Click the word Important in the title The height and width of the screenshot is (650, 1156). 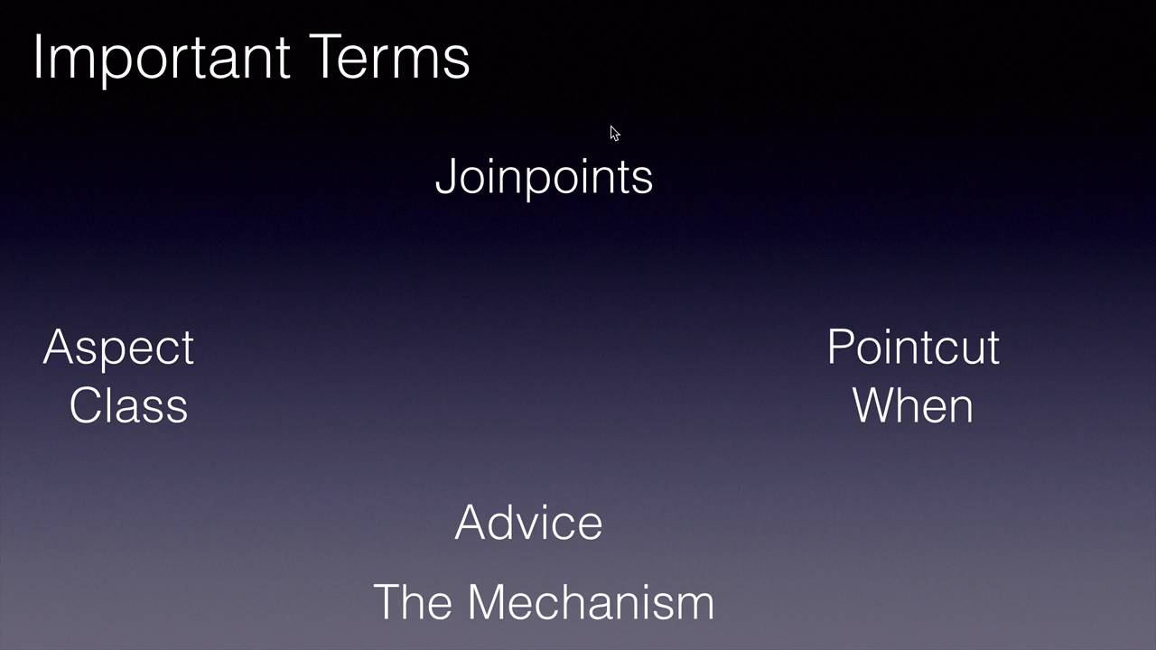162,59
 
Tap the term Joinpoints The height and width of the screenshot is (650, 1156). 544,177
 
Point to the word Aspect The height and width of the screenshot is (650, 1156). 118,348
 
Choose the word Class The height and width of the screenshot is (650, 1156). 128,405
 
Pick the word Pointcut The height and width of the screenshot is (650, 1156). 912,348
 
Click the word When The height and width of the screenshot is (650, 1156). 912,405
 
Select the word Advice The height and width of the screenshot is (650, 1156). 528,523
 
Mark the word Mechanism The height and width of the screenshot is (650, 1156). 591,602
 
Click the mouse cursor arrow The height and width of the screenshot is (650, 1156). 614,134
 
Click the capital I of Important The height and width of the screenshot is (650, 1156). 38,57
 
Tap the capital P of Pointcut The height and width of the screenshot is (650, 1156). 840,348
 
